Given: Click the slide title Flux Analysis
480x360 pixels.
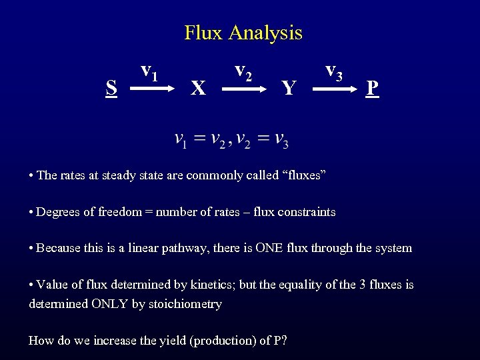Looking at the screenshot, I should point(243,32).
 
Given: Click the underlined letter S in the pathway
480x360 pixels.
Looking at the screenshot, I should point(112,87).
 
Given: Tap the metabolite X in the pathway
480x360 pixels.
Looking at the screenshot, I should point(197,88).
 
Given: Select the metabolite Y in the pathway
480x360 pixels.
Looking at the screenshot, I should point(288,88).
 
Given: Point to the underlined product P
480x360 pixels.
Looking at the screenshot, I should point(373,88).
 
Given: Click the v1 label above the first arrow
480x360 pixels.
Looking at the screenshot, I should point(149,69).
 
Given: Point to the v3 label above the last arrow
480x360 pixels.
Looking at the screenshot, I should point(334,69).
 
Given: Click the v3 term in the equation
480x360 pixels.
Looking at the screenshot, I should point(281,140).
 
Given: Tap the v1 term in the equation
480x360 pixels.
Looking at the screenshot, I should point(180,140).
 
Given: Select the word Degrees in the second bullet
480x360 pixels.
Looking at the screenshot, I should point(57,212).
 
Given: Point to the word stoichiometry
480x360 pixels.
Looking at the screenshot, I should point(187,304).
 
